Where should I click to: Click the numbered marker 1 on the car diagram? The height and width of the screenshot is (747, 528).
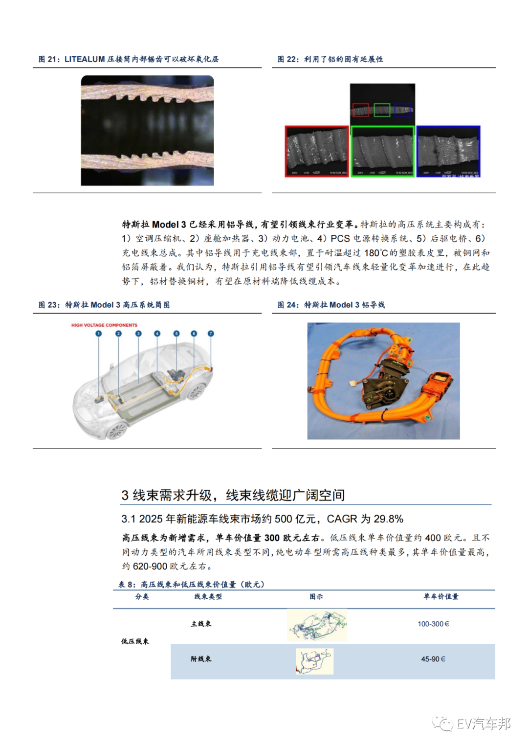(98, 334)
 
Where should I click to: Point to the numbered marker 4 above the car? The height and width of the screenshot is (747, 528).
(157, 334)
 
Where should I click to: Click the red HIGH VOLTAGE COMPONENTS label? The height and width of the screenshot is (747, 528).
(104, 325)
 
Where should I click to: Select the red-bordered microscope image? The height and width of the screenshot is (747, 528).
(317, 151)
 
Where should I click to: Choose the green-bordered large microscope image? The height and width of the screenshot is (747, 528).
(382, 151)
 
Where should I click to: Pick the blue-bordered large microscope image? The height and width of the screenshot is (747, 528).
(448, 151)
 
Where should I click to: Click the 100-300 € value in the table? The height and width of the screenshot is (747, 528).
(433, 624)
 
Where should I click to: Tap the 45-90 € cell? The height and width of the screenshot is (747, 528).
(433, 659)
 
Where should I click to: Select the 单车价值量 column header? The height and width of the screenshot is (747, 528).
(441, 597)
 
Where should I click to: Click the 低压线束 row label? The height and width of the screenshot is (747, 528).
(135, 641)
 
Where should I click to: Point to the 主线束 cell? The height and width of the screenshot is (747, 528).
(201, 624)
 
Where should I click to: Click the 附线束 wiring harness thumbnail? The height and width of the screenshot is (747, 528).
(314, 661)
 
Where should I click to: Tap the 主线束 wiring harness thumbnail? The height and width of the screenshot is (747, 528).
(317, 625)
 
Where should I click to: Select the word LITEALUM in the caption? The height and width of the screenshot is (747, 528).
(85, 59)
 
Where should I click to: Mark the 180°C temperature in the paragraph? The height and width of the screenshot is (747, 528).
(376, 253)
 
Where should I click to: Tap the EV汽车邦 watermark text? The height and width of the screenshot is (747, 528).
(484, 724)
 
